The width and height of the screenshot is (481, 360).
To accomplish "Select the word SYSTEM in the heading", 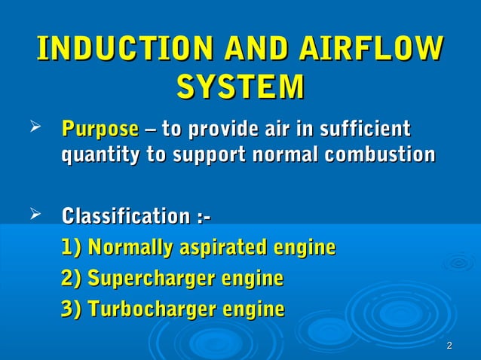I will tap(240, 85).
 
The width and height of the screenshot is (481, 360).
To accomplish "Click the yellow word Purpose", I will tap(100, 128).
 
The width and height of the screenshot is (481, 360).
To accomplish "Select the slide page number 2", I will tap(449, 346).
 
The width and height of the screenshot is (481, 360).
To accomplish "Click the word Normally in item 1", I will tap(130, 248).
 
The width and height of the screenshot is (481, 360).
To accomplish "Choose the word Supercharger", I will tap(151, 279).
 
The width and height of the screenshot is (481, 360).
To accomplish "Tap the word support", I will tap(209, 155).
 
